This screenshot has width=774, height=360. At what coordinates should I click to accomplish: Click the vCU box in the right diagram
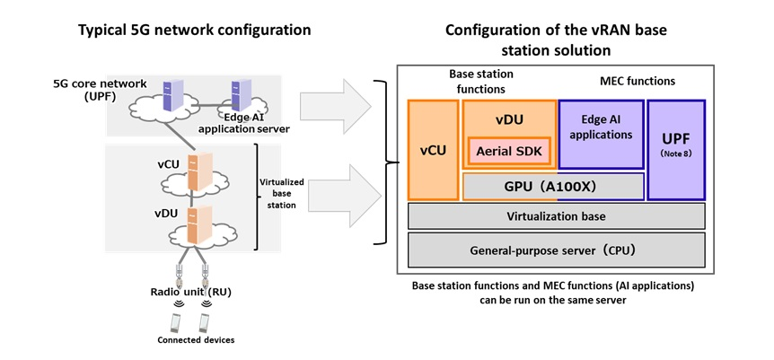point(434,149)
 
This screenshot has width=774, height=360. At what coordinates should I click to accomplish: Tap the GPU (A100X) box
point(553,186)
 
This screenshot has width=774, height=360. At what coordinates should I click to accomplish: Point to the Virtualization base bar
point(556,216)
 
